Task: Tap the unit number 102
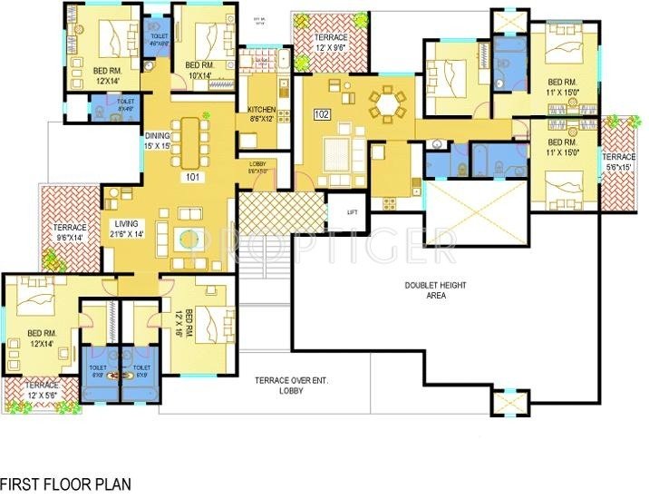(321, 115)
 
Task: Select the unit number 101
(191, 177)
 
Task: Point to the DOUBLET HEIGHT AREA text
(435, 290)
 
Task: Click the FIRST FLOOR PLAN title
(65, 484)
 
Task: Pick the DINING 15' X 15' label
(157, 141)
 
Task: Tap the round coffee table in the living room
(187, 240)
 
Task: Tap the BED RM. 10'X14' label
(202, 72)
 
